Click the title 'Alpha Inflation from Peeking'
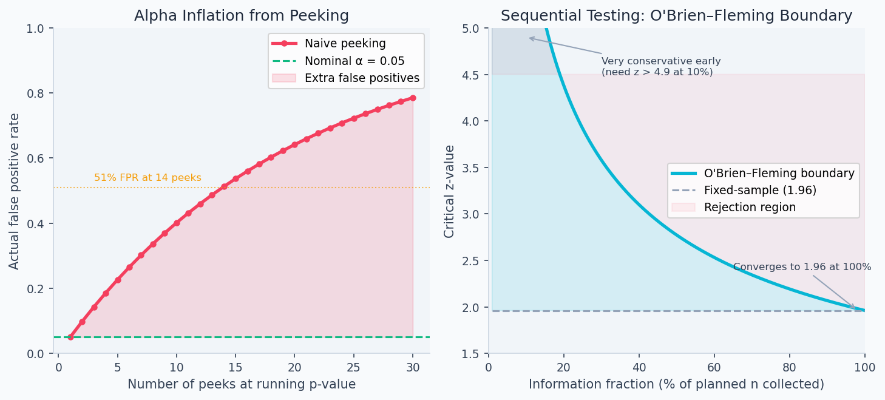coord(241,16)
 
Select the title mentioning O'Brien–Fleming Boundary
coord(676,16)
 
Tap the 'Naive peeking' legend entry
coord(345,44)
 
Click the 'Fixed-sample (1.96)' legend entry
coord(759,190)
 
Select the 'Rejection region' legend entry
coord(750,207)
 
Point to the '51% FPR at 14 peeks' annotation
coord(147,178)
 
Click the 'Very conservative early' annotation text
coord(660,61)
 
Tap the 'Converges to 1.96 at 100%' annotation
coord(802,267)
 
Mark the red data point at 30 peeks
coord(413,98)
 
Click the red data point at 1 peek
coord(70,337)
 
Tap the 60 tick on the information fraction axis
coord(714,367)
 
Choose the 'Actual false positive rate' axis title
coord(15,191)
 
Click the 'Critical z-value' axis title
coord(449,191)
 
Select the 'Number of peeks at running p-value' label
coord(241,384)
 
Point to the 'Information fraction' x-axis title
coord(676,384)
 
